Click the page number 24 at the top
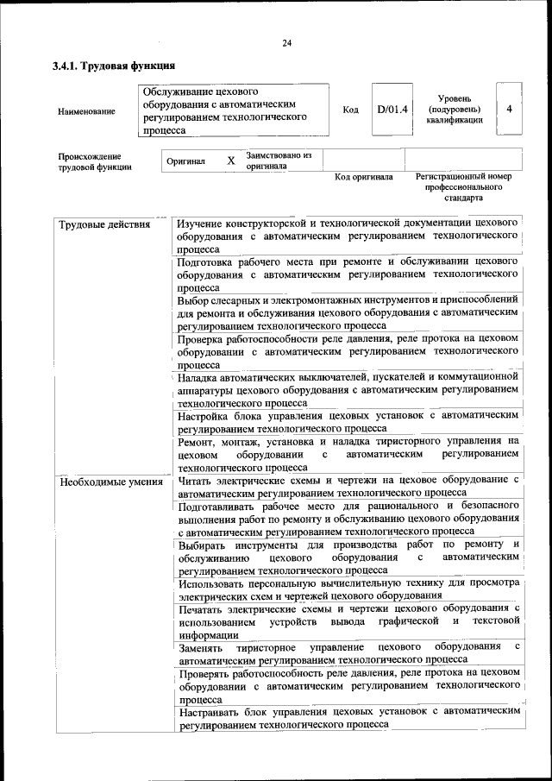pyautogui.click(x=287, y=43)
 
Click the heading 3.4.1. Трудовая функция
pyautogui.click(x=114, y=66)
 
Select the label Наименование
pyautogui.click(x=86, y=111)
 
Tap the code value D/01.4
pyautogui.click(x=392, y=110)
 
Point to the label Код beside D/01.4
pyautogui.click(x=351, y=110)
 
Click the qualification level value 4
pyautogui.click(x=510, y=110)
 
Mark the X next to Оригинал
pyautogui.click(x=230, y=161)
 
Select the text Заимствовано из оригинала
pyautogui.click(x=279, y=161)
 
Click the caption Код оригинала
pyautogui.click(x=363, y=177)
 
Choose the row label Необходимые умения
pyautogui.click(x=111, y=482)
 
